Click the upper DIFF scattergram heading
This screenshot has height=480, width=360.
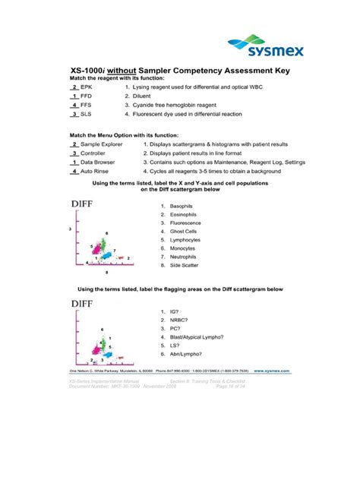(x=89, y=204)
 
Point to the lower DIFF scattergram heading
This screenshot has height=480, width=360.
(x=89, y=304)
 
